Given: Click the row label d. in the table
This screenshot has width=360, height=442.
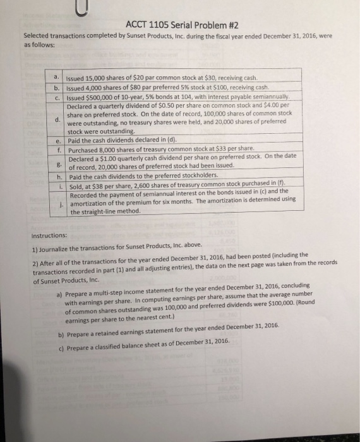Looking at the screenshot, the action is click(57, 119).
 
